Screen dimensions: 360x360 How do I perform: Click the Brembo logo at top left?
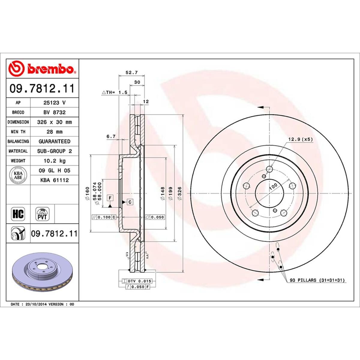(x=42, y=68)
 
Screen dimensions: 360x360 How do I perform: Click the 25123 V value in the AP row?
(x=54, y=103)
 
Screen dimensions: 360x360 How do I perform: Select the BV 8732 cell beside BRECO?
(x=54, y=112)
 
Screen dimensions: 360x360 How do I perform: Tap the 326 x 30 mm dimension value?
(x=54, y=122)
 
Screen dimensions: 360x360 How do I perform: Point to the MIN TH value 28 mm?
(x=54, y=132)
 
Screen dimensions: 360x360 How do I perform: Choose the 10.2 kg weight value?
(x=54, y=161)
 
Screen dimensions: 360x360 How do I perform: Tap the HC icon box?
(x=18, y=214)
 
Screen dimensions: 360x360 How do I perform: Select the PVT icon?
(x=42, y=214)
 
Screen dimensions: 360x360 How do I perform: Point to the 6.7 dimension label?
(x=111, y=136)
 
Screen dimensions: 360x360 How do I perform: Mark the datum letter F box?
(x=110, y=198)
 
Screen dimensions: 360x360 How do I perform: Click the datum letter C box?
(x=130, y=202)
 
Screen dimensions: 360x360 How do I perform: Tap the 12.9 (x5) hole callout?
(x=300, y=139)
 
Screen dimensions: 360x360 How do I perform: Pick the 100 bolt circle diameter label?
(x=273, y=187)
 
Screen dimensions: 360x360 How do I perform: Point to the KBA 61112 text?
(x=54, y=180)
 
